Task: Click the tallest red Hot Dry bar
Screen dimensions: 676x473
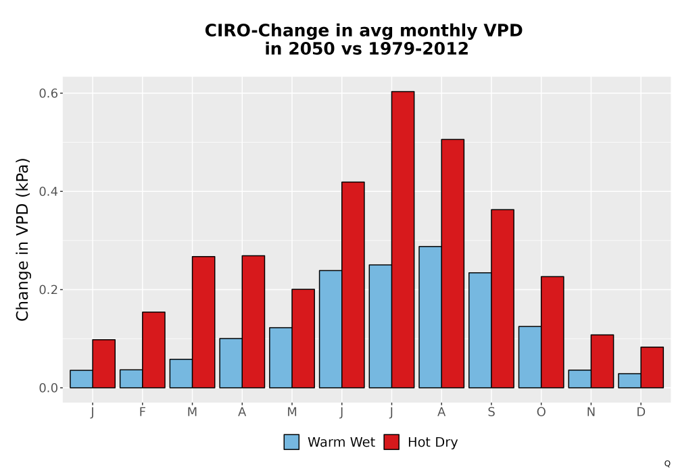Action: pos(403,239)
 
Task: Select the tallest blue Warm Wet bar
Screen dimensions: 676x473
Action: pos(430,317)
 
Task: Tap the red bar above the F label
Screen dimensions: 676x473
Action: pos(153,350)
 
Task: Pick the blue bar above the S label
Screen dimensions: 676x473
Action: pos(480,330)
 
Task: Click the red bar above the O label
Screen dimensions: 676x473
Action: pos(552,332)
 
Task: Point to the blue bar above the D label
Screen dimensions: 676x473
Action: pos(629,381)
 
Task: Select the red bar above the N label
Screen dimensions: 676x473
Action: pos(602,362)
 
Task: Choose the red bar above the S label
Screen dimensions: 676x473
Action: pos(503,299)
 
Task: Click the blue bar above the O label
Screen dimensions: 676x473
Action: pos(530,357)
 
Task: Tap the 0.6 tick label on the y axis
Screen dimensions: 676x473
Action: pos(48,93)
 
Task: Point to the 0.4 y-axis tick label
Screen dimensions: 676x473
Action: pos(48,191)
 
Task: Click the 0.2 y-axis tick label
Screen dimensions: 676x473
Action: pos(48,289)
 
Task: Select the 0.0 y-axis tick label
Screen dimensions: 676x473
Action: pos(48,388)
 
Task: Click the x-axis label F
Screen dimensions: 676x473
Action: pos(142,412)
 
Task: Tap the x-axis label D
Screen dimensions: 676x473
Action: pos(641,412)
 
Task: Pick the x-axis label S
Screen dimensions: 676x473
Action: pos(491,412)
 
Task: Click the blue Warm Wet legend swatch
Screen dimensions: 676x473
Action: pos(291,442)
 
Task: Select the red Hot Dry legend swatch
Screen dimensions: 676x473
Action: pos(391,442)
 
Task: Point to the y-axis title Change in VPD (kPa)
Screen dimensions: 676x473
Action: pos(22,239)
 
